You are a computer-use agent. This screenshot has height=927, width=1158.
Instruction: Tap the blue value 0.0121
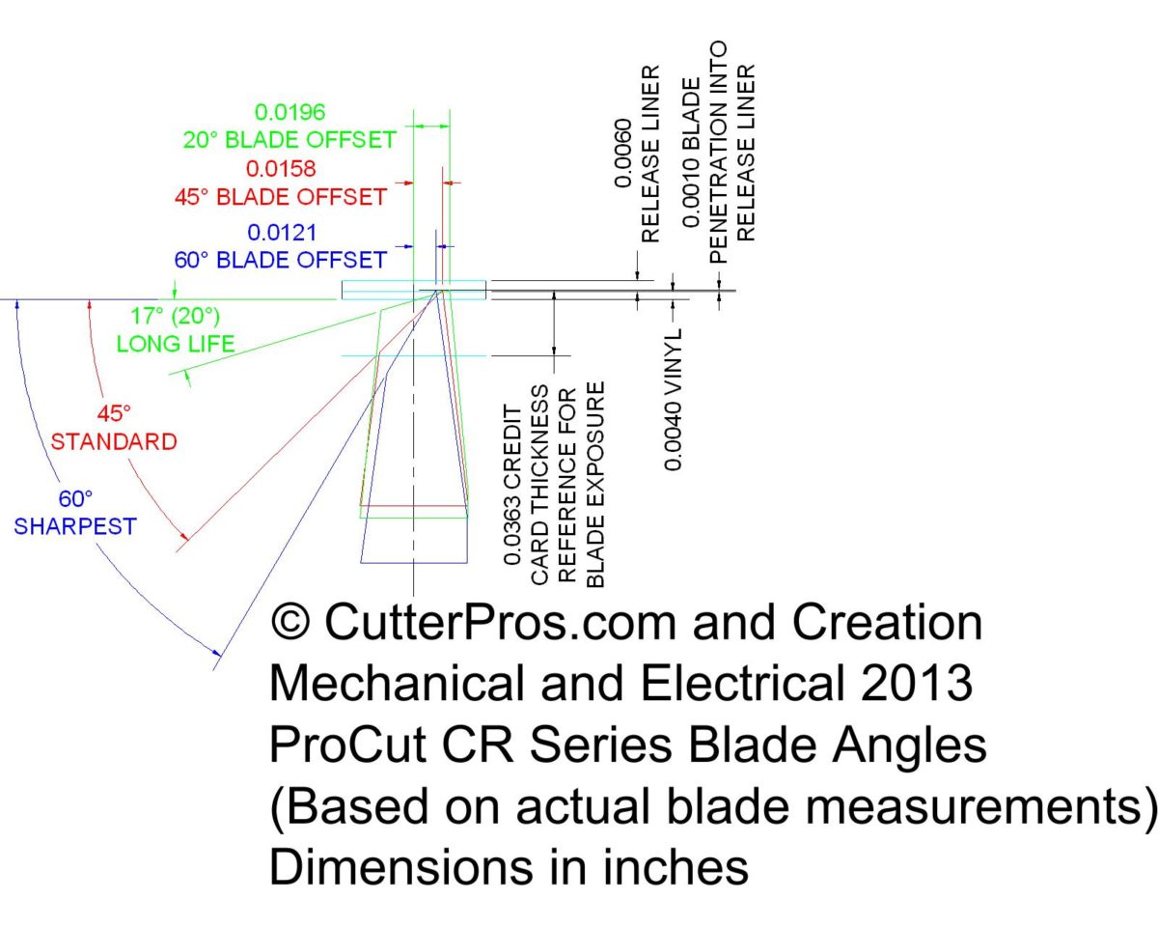(282, 233)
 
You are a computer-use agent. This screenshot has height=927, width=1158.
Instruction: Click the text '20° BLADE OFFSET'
(289, 140)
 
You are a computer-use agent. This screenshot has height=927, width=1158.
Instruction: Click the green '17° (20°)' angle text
(177, 316)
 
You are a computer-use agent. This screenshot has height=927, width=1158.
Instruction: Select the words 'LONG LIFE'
(176, 344)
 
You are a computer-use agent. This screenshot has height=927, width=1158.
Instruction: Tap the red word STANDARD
(114, 442)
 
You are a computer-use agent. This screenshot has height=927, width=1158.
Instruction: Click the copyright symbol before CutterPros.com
(291, 622)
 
